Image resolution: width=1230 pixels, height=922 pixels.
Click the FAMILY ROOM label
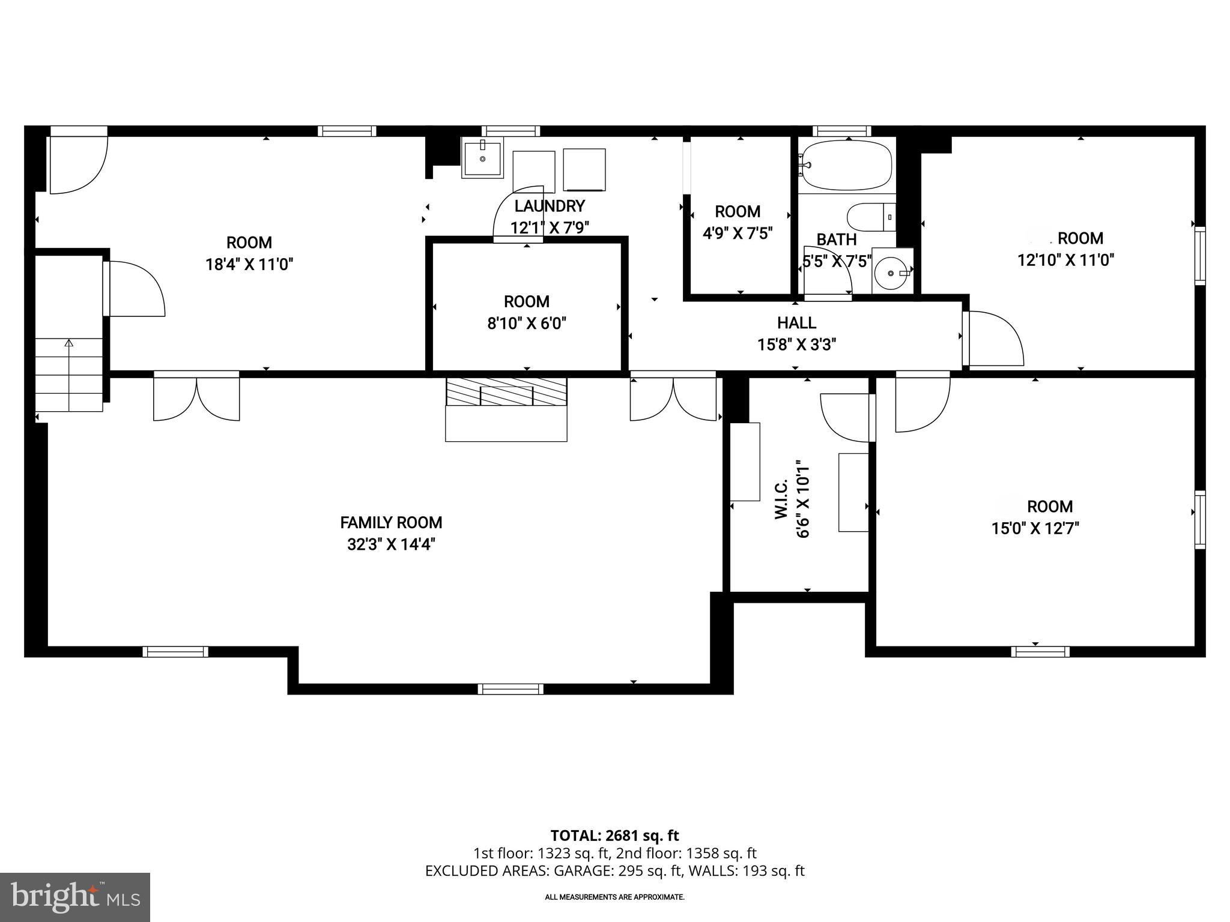[x=391, y=522]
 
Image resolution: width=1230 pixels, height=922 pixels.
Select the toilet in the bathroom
[x=871, y=217]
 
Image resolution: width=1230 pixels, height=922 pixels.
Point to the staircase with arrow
[x=69, y=375]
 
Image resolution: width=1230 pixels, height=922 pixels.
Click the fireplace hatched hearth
[x=506, y=392]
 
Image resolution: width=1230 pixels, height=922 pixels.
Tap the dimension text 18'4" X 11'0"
[x=249, y=264]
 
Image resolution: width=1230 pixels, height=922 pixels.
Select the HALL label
[x=796, y=323]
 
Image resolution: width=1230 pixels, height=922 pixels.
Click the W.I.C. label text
[x=781, y=499]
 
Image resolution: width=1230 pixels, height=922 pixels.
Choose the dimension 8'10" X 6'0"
[x=527, y=324]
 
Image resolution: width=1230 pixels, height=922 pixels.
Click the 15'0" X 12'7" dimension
[x=1035, y=528]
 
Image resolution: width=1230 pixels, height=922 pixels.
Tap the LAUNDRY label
[x=550, y=206]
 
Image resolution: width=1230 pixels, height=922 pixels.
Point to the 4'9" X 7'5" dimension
[x=738, y=233]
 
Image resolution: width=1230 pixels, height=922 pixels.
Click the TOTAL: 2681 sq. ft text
[x=614, y=835]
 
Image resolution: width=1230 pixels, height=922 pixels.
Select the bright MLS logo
[x=75, y=897]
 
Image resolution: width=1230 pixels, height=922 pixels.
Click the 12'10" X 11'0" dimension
[x=1065, y=260]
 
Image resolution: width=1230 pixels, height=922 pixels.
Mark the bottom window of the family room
[x=510, y=689]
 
